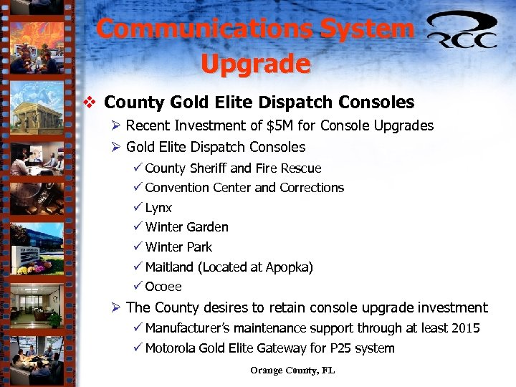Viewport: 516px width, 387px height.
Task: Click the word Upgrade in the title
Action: point(255,64)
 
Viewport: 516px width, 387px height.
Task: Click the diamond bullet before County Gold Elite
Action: point(90,102)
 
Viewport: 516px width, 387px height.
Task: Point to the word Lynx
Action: point(158,208)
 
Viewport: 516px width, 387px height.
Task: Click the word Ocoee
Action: point(163,287)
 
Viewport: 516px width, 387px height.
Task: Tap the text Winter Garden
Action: point(186,227)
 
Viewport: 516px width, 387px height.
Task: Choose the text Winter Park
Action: point(178,247)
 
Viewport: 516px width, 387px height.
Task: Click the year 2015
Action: point(465,328)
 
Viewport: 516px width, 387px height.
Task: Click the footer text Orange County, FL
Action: point(292,371)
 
